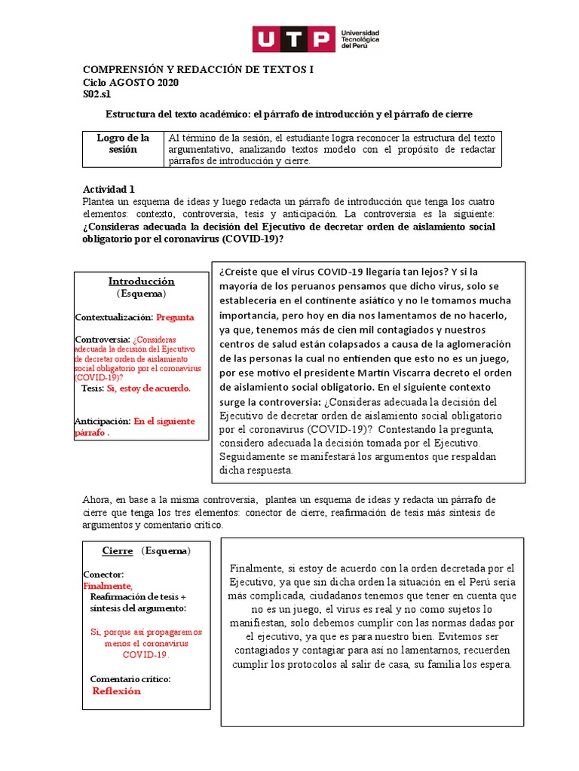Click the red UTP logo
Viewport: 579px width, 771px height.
(293, 39)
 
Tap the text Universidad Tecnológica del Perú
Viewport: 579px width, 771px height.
(360, 39)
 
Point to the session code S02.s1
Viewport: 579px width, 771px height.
(96, 94)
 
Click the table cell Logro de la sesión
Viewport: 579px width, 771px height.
(123, 144)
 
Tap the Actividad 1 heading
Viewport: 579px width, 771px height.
(109, 189)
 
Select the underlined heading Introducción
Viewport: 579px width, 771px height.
(141, 281)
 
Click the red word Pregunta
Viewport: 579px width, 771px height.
(175, 317)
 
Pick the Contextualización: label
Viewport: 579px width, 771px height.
(114, 317)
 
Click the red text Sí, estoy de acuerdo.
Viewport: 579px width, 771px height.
(149, 389)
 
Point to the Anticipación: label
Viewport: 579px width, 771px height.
(103, 422)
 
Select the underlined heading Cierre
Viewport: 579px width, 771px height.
(117, 550)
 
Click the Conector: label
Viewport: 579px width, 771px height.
(103, 574)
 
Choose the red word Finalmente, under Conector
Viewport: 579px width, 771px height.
(108, 586)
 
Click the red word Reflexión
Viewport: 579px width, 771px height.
(116, 691)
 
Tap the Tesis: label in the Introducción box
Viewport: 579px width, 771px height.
(93, 389)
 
